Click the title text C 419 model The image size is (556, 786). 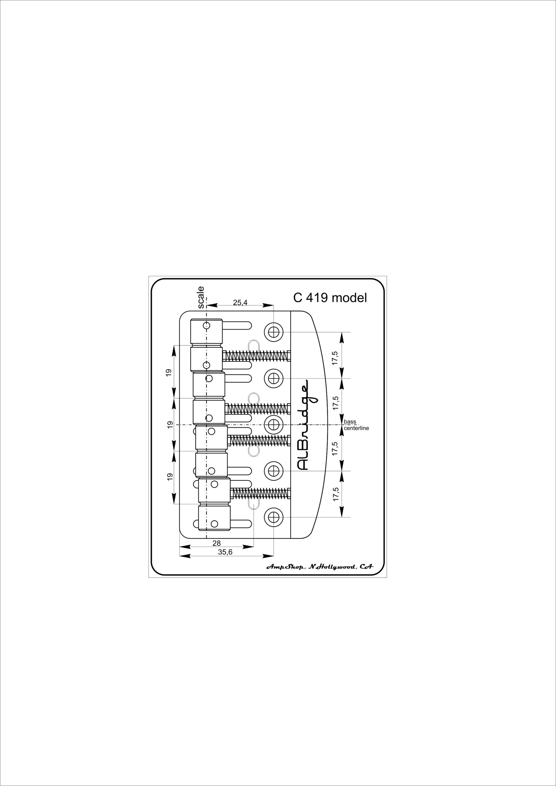(330, 298)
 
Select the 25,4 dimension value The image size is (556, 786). (240, 302)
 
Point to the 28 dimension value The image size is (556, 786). (217, 543)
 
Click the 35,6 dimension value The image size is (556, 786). (225, 552)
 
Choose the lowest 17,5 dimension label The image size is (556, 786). (336, 494)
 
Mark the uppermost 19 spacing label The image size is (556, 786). (168, 373)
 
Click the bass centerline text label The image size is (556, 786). (356, 425)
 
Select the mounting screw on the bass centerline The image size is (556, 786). (273, 425)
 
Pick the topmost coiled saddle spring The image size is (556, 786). (256, 356)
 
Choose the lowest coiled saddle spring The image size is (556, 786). (261, 493)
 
